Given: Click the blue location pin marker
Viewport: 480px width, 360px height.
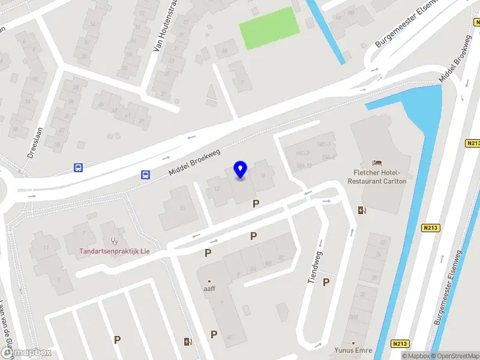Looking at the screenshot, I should (241, 170).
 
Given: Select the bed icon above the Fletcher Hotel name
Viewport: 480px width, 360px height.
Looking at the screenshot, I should (377, 163).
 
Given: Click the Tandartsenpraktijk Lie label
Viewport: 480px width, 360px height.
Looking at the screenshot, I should (115, 251).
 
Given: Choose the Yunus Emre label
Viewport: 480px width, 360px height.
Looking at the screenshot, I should (353, 350).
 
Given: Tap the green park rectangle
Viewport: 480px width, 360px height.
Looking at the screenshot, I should (269, 28).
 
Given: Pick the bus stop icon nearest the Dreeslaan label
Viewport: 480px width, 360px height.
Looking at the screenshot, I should (78, 168).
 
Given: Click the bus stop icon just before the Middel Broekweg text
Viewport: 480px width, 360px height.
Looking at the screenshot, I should (145, 175).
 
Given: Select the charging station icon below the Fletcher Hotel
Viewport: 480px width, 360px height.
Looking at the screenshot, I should (362, 210).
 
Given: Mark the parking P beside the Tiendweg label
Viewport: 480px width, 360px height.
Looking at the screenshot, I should (326, 282).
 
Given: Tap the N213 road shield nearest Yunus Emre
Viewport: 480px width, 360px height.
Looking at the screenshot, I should (400, 344).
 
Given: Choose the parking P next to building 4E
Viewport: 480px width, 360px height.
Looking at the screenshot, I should (214, 334).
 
